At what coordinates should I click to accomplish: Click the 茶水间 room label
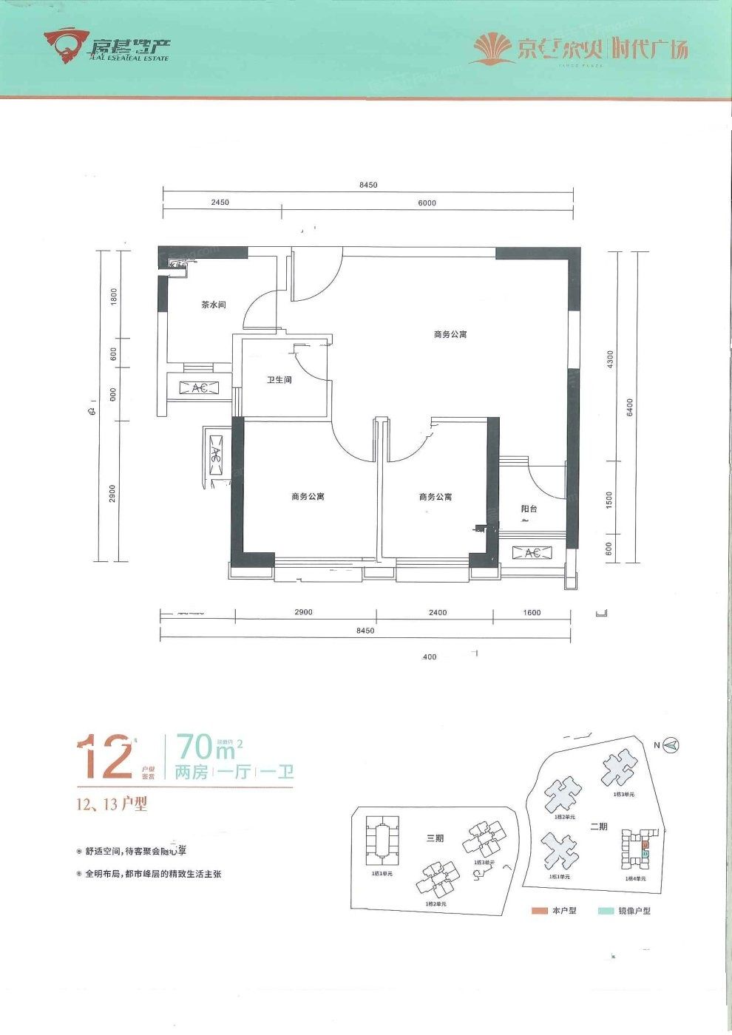[214, 305]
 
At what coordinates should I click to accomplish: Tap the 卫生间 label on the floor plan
[279, 380]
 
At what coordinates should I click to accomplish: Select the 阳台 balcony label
[529, 509]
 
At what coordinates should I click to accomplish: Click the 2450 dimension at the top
[220, 203]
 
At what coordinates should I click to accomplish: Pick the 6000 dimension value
[427, 203]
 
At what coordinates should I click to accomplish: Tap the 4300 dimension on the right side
[609, 359]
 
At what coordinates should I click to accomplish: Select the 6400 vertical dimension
[630, 407]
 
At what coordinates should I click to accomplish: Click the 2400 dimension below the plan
[437, 612]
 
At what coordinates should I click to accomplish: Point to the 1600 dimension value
[532, 612]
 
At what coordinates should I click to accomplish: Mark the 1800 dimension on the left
[114, 296]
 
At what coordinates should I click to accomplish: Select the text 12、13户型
[112, 804]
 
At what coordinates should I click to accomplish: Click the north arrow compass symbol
[671, 745]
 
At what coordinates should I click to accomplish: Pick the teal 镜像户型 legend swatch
[606, 911]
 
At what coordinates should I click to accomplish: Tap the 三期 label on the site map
[435, 838]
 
